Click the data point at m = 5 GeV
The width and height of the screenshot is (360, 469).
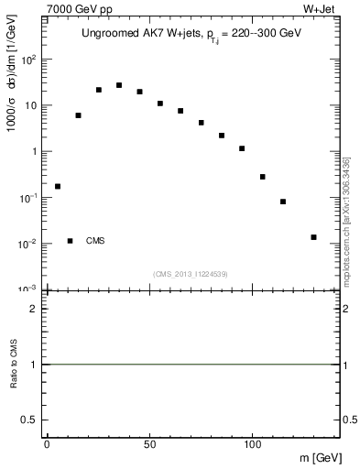click(58, 186)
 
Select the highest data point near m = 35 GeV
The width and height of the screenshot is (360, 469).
click(119, 85)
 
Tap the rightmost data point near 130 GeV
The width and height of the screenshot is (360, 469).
click(313, 237)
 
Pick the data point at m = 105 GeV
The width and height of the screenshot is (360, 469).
click(262, 177)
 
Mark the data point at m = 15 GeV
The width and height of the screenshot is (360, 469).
click(78, 115)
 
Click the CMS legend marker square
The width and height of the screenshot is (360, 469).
click(71, 241)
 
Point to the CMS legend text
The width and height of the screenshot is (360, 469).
click(95, 241)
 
